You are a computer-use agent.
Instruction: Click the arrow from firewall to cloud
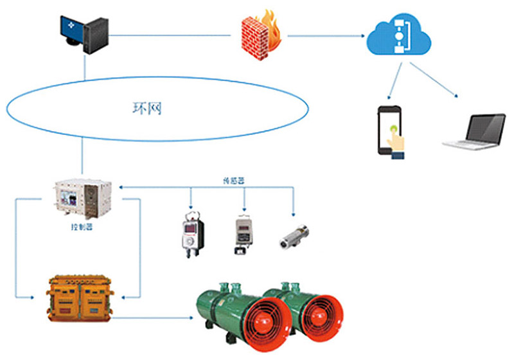coord(321,35)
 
